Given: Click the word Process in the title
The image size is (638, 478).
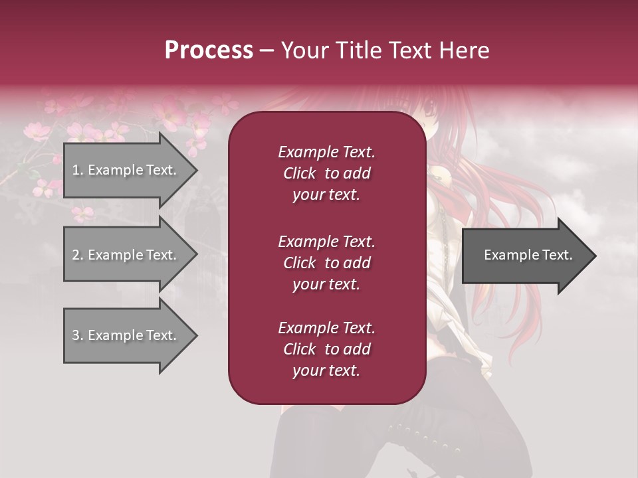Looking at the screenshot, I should (x=209, y=50).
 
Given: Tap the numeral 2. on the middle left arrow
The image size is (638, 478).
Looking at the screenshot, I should (x=78, y=255).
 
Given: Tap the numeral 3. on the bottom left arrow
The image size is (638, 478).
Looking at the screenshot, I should (x=78, y=335).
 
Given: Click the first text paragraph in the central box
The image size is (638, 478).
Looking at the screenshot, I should (x=326, y=173).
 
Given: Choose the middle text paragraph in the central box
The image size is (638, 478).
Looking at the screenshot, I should (x=326, y=263).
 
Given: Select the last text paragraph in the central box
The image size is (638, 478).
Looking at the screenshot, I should (x=326, y=349).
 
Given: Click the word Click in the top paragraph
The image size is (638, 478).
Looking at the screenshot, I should (x=300, y=173).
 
